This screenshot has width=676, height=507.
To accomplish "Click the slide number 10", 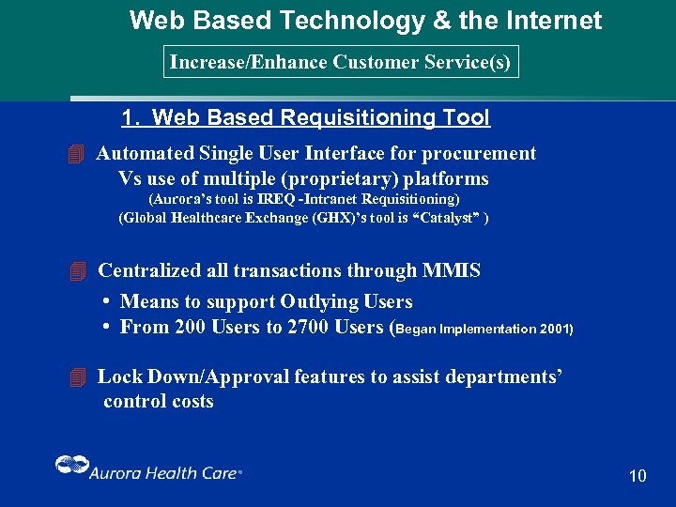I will tap(638, 476).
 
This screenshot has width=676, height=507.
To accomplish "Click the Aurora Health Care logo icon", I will tap(69, 467).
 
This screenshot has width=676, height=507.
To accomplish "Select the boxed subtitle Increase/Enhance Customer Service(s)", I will tap(340, 63).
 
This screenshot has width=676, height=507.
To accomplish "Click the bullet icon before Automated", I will tap(77, 153).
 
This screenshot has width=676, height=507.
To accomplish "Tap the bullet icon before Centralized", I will tap(77, 271).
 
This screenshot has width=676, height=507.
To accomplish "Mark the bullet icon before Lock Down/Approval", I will tap(77, 377).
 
